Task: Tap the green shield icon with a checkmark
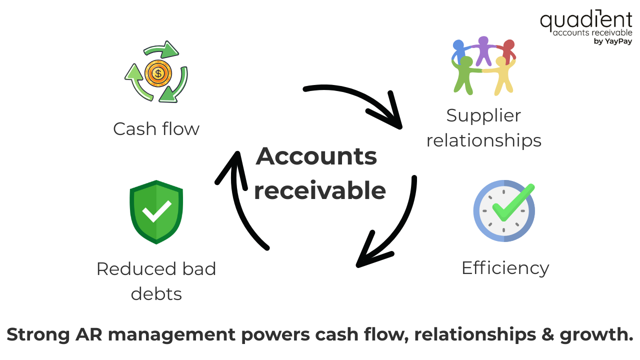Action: pyautogui.click(x=156, y=212)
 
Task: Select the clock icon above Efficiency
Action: pyautogui.click(x=504, y=210)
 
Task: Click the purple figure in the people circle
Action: pyautogui.click(x=483, y=50)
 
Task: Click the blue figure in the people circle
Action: pyautogui.click(x=458, y=51)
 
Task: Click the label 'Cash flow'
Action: pyautogui.click(x=156, y=129)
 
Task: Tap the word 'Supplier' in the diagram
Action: pyautogui.click(x=483, y=115)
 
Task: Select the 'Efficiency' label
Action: pyautogui.click(x=505, y=268)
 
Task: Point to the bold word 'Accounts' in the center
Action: pyautogui.click(x=316, y=156)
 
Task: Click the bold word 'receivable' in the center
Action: pyautogui.click(x=320, y=190)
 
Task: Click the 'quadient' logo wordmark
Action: pyautogui.click(x=585, y=20)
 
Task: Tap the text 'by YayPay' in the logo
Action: pyautogui.click(x=612, y=41)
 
